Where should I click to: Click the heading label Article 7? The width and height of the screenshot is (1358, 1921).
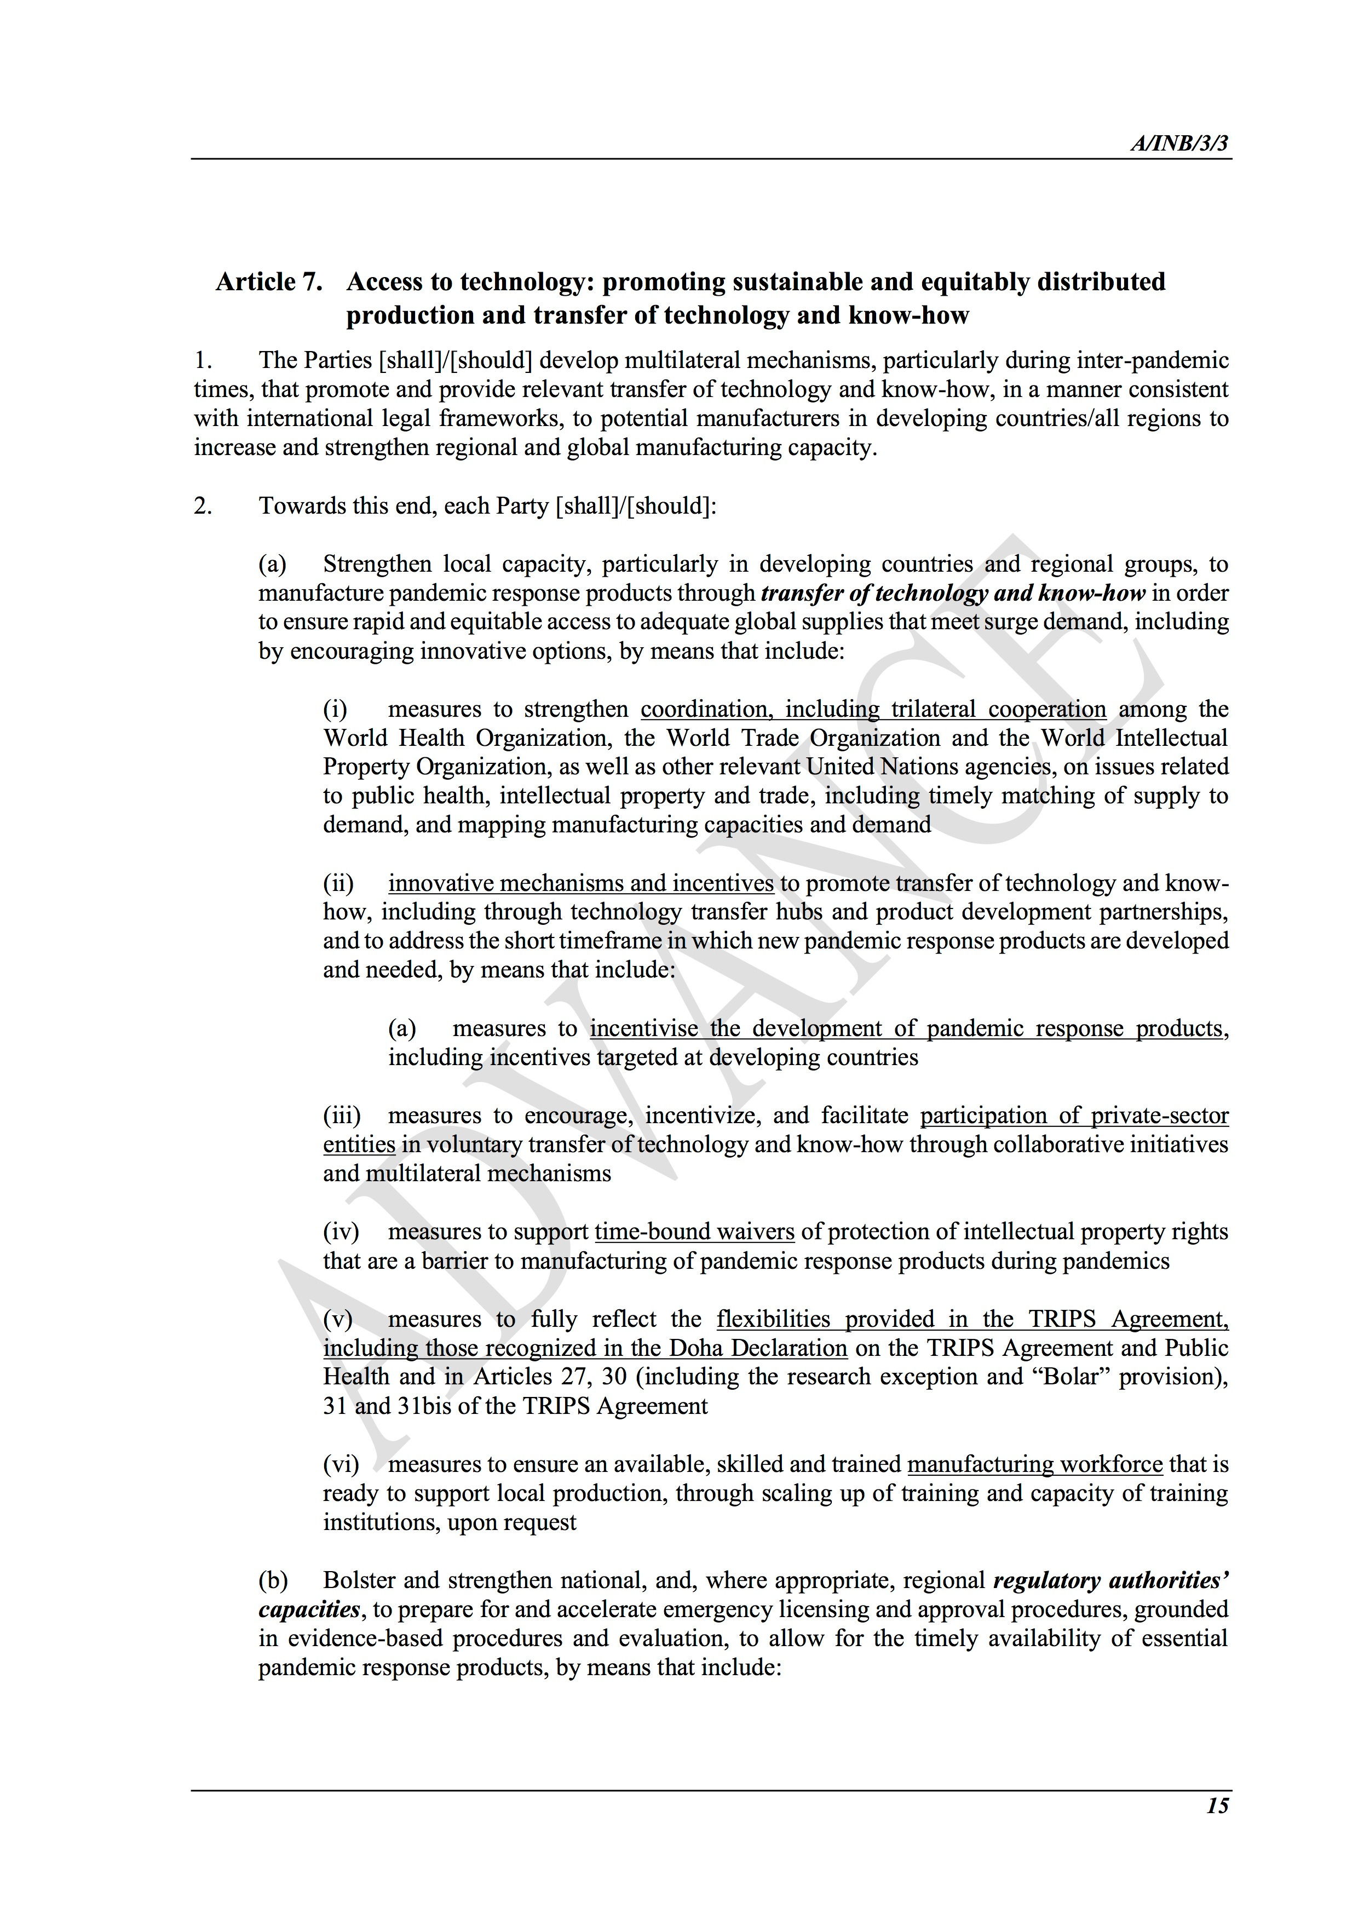pos(268,282)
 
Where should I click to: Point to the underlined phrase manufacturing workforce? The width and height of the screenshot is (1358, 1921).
pos(1034,1464)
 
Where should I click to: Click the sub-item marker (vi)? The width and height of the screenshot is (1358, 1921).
pos(341,1464)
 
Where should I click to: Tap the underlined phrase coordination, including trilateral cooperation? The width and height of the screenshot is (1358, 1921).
pos(873,710)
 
